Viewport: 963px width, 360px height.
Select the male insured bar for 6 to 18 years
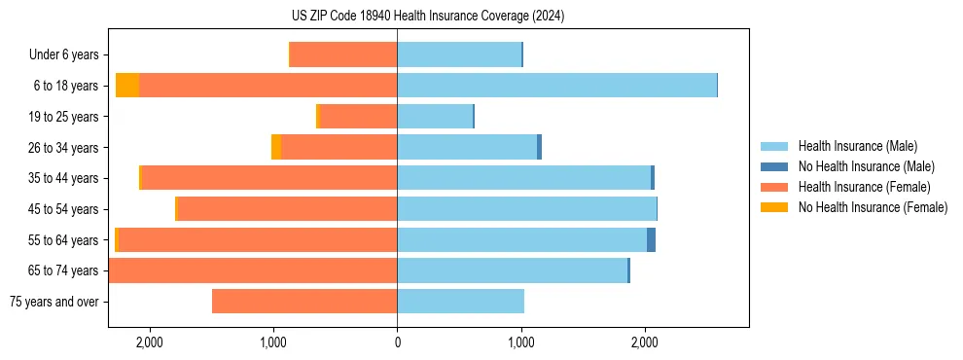[x=556, y=86]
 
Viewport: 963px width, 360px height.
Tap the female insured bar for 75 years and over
[x=304, y=302]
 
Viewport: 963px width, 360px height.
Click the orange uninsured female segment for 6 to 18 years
[x=127, y=86]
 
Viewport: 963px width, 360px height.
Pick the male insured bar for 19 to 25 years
[x=435, y=117]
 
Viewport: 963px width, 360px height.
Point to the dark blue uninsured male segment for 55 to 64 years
[x=651, y=240]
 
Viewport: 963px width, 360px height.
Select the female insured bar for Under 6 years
[x=343, y=54]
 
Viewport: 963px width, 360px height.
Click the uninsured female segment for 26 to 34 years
[x=276, y=147]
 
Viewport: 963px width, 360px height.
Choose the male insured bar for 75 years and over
[x=460, y=302]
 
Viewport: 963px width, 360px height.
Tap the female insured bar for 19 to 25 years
[x=358, y=117]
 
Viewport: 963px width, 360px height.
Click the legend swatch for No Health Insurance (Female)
[x=774, y=207]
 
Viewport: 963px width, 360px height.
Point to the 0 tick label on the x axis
[x=397, y=342]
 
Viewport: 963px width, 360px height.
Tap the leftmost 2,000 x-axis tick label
[x=149, y=342]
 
